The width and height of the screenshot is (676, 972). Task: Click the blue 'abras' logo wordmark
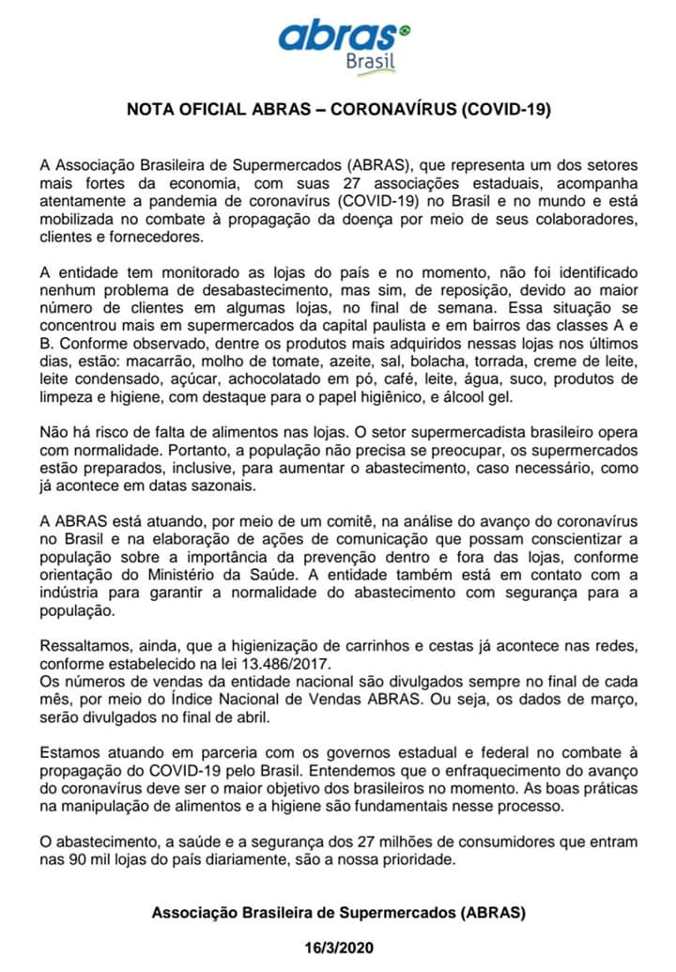pyautogui.click(x=336, y=37)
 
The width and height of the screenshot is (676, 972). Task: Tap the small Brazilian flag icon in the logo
pyautogui.click(x=406, y=31)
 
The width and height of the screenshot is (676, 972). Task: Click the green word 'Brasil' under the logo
pyautogui.click(x=370, y=62)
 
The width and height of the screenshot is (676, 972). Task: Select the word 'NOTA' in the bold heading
pyautogui.click(x=152, y=109)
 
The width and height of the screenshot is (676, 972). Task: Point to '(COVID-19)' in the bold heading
pyautogui.click(x=505, y=109)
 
